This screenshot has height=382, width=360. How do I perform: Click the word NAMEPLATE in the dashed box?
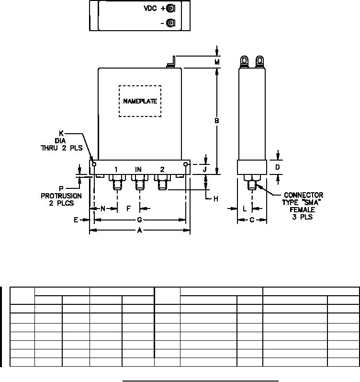[x=140, y=101]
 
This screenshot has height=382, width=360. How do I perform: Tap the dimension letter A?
[x=140, y=231]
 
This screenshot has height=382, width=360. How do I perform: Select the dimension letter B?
[x=217, y=121]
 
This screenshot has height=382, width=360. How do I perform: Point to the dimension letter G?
[x=140, y=220]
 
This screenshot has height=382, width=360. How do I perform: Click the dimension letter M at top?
[x=217, y=62]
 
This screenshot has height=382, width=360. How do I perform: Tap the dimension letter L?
[x=245, y=208]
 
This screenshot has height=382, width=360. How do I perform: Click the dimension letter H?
[x=216, y=198]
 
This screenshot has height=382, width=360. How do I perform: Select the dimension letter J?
[x=205, y=169]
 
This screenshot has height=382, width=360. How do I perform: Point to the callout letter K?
[x=61, y=133]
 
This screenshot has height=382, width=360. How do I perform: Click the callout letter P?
[x=61, y=188]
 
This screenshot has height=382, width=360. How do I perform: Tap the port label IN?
[x=138, y=169]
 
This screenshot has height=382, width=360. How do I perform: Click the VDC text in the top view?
[x=150, y=8]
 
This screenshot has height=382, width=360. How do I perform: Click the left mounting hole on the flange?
[x=94, y=164]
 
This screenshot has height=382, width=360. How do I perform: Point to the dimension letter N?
[x=102, y=208]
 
